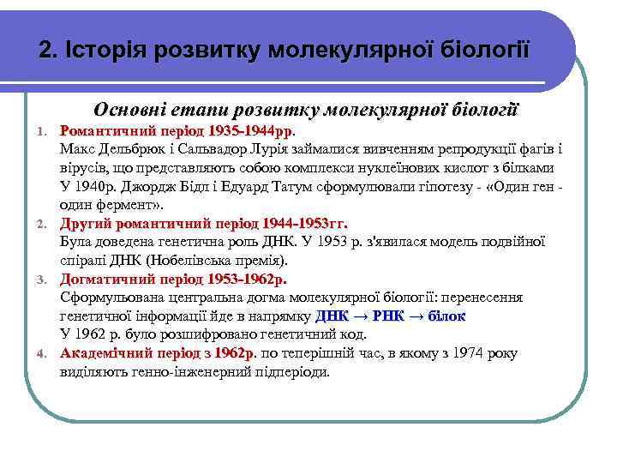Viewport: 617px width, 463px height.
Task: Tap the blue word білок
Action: pyautogui.click(x=446, y=316)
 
